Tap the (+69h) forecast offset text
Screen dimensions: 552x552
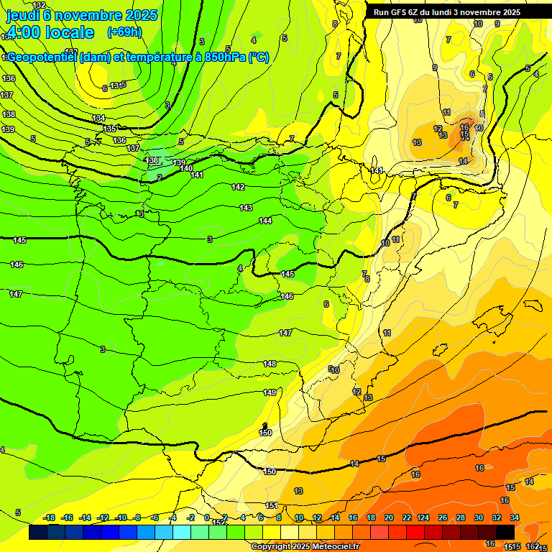[x=124, y=32]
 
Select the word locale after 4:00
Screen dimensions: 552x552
[x=70, y=32]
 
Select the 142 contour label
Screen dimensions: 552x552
[x=239, y=187]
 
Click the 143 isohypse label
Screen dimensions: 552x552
[x=246, y=208]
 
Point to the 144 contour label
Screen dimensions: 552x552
[x=265, y=221]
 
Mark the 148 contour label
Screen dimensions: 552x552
[x=270, y=364]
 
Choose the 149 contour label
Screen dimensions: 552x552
[x=270, y=392]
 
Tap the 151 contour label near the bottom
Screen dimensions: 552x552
[x=272, y=505]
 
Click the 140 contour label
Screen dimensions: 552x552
[x=186, y=168]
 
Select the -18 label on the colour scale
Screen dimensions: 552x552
[x=50, y=517]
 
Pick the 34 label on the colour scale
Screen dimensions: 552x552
[x=515, y=517]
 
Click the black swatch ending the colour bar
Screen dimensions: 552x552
[x=505, y=532]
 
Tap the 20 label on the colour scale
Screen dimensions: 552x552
[x=388, y=517]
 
